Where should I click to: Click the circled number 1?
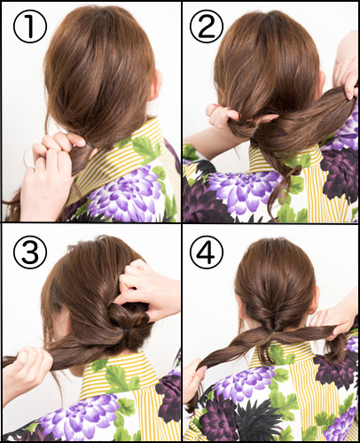pyautogui.click(x=30, y=27)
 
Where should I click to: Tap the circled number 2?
pyautogui.click(x=207, y=26)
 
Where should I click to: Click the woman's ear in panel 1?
pyautogui.click(x=157, y=85)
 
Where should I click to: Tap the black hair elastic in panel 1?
pyautogui.click(x=90, y=145)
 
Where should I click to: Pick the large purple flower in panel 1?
pyautogui.click(x=127, y=193)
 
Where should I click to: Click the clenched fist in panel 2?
pyautogui.click(x=220, y=117)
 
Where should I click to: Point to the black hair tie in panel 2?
pyautogui.click(x=255, y=132)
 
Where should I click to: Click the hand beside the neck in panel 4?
pyautogui.click(x=334, y=319)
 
